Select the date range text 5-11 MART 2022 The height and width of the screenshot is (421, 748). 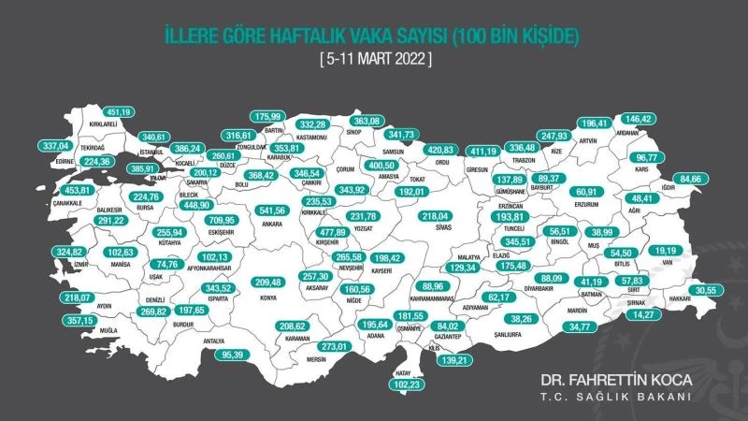click(375, 58)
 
